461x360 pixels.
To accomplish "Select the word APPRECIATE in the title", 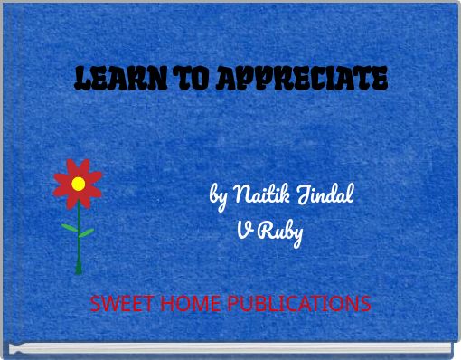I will point(298,80).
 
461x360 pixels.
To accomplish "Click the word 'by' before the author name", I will point(218,194).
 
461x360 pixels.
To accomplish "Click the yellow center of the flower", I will point(79,184).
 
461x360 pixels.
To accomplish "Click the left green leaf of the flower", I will point(69,226).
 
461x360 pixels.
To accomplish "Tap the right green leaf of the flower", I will point(86,233).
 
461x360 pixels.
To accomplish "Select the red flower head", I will point(78,173).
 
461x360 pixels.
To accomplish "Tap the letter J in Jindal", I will point(301,194).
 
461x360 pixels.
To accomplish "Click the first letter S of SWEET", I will point(95,304).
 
